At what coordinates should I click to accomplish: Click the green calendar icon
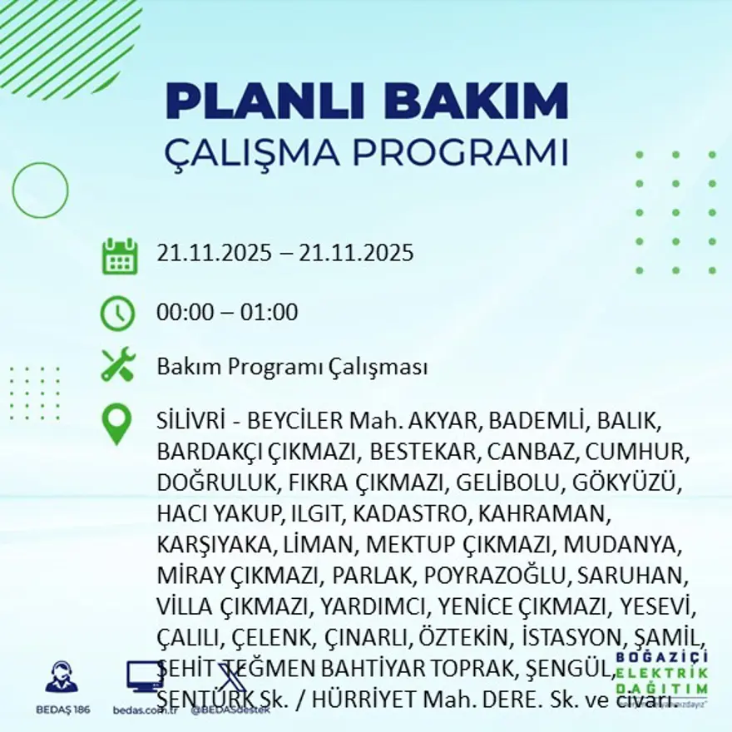pyautogui.click(x=119, y=256)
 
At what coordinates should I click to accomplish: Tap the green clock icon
pyautogui.click(x=117, y=313)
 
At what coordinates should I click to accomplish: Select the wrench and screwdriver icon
pyautogui.click(x=118, y=365)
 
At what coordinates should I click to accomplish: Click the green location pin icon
pyautogui.click(x=117, y=423)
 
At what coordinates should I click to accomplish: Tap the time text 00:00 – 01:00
pyautogui.click(x=227, y=314)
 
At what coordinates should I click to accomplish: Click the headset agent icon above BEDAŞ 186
pyautogui.click(x=61, y=677)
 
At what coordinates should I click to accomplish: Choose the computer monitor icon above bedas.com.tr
pyautogui.click(x=144, y=676)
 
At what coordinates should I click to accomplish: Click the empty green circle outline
pyautogui.click(x=40, y=190)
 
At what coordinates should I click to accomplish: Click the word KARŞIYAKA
pyautogui.click(x=213, y=544)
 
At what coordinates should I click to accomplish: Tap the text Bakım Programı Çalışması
pyautogui.click(x=292, y=367)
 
